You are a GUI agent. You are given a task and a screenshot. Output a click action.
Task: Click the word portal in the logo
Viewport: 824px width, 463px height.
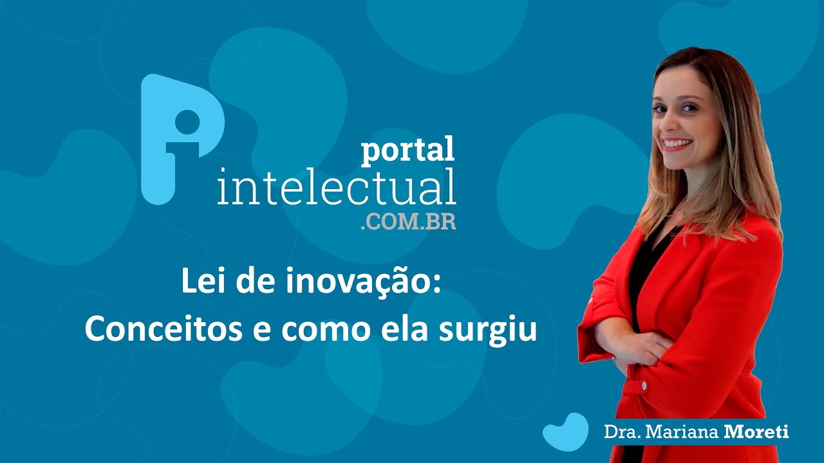tap(407, 150)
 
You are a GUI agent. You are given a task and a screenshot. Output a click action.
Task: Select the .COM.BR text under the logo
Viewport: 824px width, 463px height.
tap(408, 222)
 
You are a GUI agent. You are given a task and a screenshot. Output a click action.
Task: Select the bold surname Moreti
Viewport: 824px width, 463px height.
tap(757, 431)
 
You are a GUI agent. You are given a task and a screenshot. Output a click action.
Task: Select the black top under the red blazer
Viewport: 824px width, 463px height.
tap(644, 270)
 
